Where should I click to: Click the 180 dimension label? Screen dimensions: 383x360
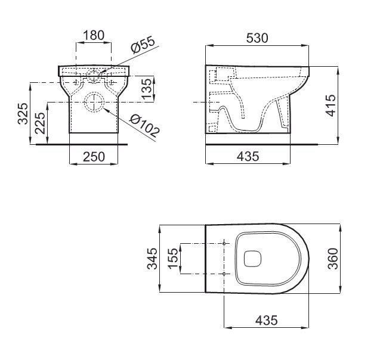(x=94, y=35)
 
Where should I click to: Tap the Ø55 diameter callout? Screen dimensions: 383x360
(x=143, y=45)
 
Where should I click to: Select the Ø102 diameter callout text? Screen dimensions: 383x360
(x=144, y=126)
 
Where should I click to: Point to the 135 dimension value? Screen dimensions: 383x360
(x=147, y=89)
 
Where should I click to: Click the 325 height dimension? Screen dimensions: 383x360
(x=23, y=113)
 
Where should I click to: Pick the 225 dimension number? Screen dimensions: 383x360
(x=41, y=123)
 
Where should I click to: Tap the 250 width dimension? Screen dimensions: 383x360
(x=94, y=157)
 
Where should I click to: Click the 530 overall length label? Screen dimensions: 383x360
(x=257, y=38)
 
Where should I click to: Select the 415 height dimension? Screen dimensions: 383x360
(x=331, y=105)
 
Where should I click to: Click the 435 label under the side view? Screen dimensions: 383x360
(x=248, y=156)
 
